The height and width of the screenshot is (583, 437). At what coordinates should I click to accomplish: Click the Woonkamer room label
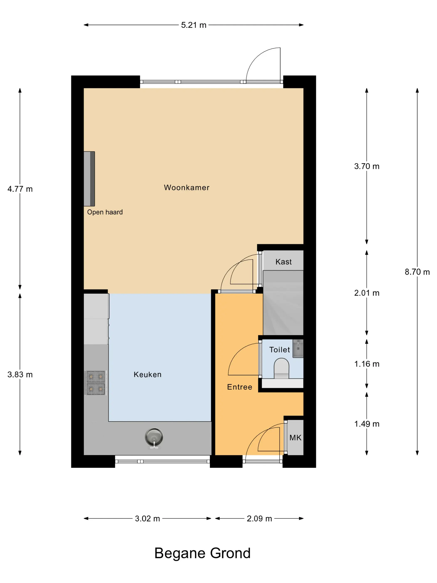(186, 187)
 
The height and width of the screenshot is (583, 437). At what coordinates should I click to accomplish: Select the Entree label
(240, 387)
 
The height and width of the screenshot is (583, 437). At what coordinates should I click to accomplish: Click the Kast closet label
(283, 262)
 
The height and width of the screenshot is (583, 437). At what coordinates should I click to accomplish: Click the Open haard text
(105, 212)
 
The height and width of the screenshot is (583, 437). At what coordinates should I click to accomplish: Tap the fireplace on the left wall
(89, 179)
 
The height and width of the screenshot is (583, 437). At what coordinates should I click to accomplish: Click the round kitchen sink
(154, 437)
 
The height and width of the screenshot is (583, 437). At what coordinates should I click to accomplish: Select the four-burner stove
(96, 383)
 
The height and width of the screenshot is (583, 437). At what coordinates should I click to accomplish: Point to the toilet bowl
(281, 368)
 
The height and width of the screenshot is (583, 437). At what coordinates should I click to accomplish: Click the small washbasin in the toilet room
(298, 348)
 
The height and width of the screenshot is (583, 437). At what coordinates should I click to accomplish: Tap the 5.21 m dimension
(194, 25)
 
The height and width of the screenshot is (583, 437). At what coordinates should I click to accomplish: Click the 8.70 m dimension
(417, 272)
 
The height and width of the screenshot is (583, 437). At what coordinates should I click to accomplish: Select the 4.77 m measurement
(20, 189)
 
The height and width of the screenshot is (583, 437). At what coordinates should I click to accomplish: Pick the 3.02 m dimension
(148, 518)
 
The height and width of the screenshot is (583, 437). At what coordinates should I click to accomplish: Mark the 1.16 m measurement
(367, 364)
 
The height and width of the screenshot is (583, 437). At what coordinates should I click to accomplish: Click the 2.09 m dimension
(259, 518)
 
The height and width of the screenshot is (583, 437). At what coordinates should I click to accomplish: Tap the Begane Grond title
(202, 553)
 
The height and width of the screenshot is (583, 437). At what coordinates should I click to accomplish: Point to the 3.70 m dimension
(367, 166)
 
